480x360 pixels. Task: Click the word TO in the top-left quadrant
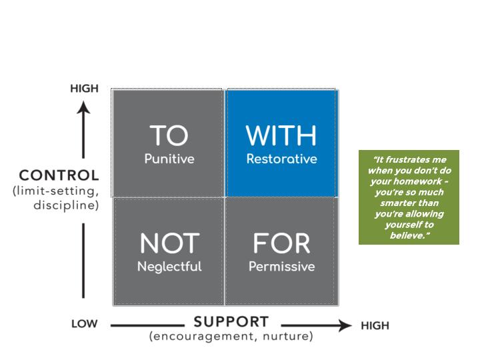169,135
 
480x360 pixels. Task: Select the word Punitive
169,159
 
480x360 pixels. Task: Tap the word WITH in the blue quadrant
281,135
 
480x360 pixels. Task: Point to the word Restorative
281,159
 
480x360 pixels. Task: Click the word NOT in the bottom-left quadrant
169,243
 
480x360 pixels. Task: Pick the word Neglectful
169,266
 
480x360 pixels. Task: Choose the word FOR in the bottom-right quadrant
281,243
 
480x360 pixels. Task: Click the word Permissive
281,266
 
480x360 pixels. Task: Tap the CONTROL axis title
59,175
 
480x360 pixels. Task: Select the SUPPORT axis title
231,322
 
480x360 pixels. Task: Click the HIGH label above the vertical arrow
84,89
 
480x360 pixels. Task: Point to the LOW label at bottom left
84,324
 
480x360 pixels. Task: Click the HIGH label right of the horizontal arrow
375,325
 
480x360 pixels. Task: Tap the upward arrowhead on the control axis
83,108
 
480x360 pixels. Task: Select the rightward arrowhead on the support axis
345,325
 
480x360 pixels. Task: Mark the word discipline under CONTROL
66,205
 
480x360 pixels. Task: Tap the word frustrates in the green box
404,159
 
